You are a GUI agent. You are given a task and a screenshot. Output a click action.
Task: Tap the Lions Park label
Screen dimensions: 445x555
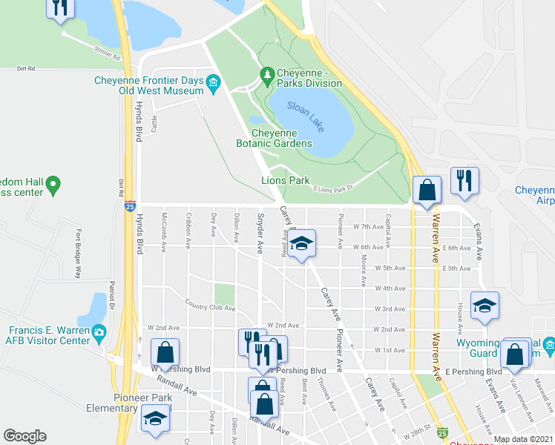285,180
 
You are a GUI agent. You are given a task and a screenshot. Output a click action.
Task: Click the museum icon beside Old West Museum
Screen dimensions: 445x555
214,81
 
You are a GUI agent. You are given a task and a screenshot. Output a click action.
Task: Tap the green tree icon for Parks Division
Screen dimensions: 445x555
267,73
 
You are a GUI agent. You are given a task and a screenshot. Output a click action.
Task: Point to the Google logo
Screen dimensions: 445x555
24,436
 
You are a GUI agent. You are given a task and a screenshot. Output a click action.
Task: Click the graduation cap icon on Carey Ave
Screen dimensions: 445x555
301,244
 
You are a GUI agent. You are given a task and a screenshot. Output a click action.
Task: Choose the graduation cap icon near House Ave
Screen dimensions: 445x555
484,306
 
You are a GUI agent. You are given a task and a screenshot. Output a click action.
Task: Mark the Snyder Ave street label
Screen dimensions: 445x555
260,234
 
